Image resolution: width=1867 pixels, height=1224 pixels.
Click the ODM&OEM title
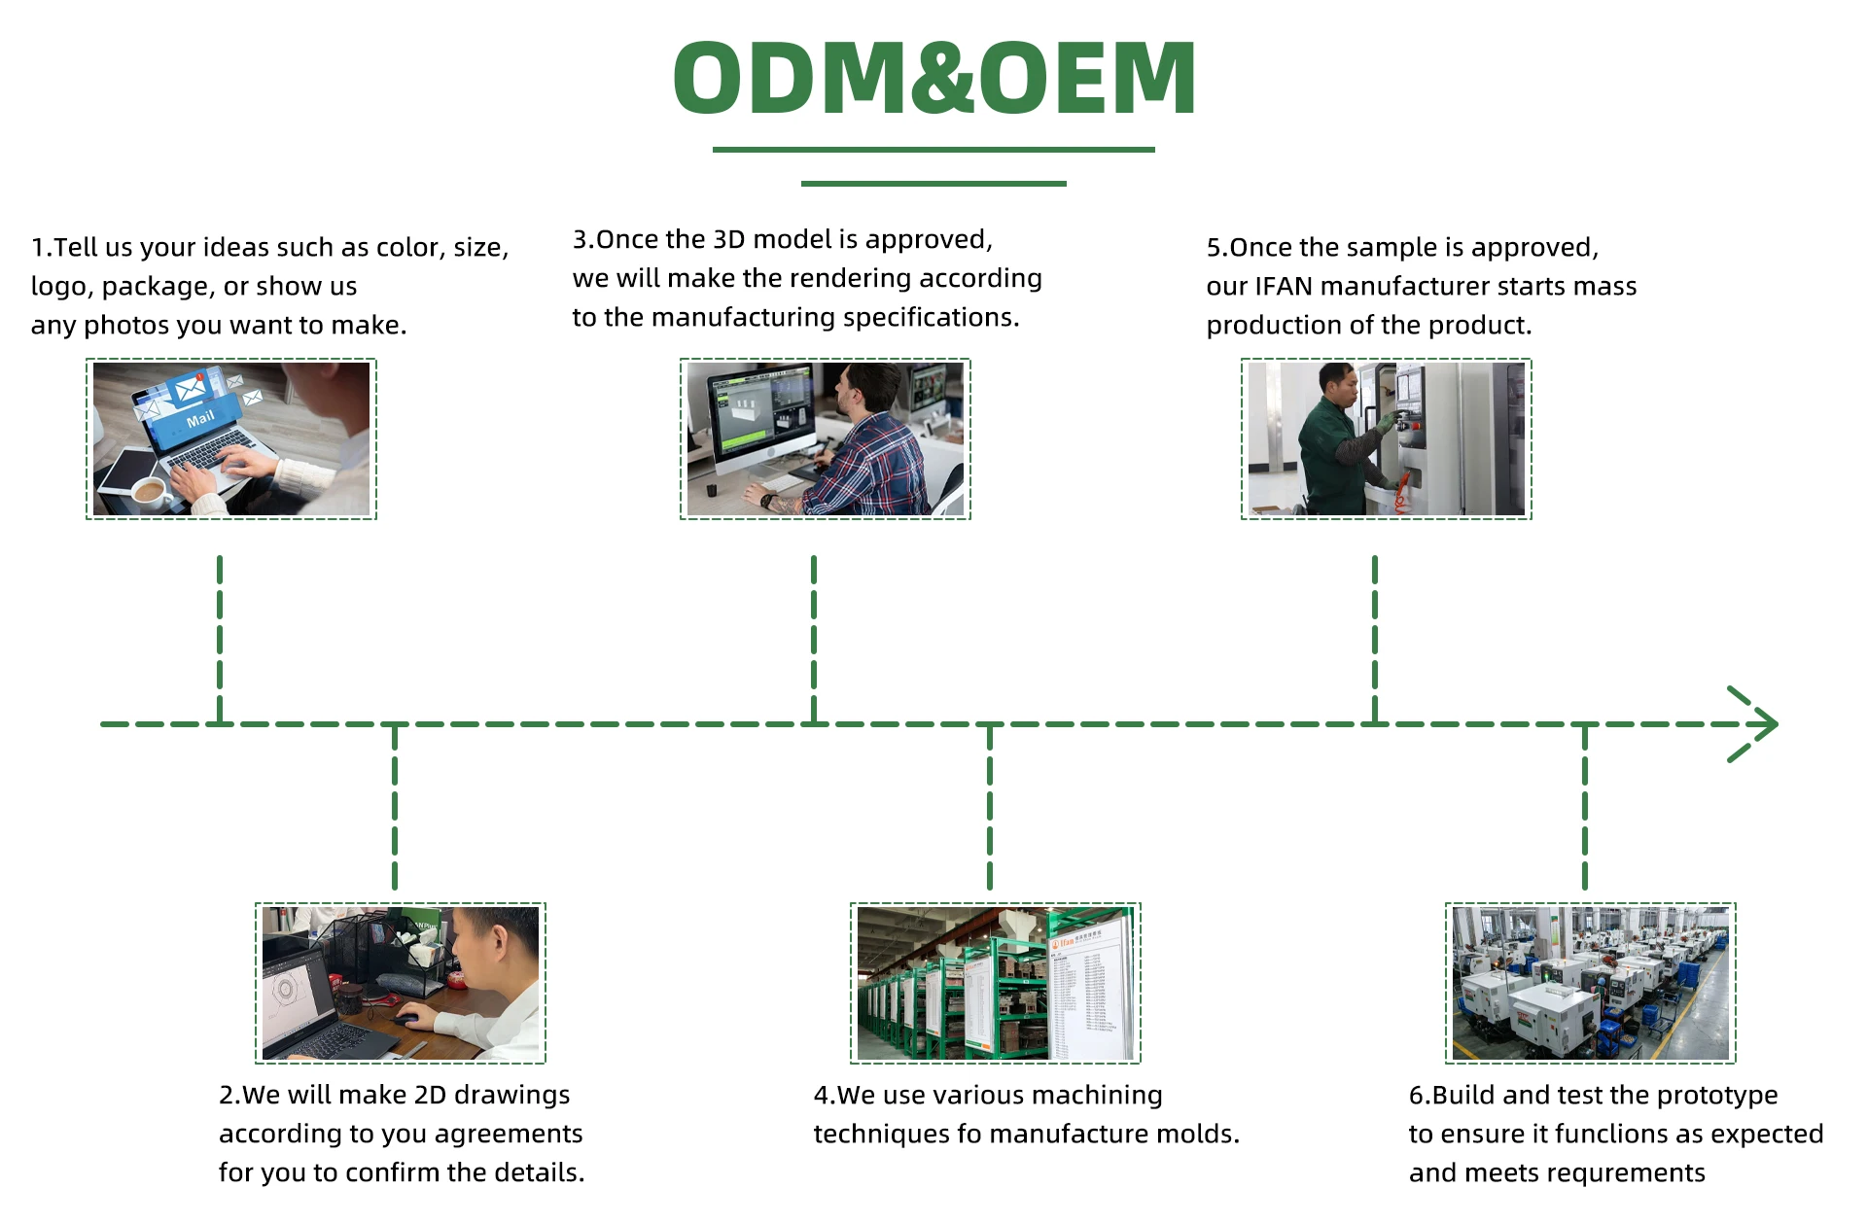[x=933, y=78]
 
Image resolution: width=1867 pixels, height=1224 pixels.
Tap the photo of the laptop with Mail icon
[x=231, y=438]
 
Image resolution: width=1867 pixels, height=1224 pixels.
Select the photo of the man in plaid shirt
[x=825, y=438]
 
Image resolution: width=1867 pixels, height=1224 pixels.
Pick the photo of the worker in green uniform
[x=1386, y=438]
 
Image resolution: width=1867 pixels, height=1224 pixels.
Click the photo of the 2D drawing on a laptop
[x=401, y=983]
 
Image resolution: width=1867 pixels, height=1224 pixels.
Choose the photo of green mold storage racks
[x=996, y=983]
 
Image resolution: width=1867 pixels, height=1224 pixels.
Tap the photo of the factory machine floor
[x=1591, y=983]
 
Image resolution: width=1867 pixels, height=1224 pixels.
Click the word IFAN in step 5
[x=1284, y=287]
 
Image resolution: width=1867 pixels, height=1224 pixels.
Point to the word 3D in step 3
[x=728, y=239]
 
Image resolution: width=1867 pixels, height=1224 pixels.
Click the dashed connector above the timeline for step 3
[x=814, y=639]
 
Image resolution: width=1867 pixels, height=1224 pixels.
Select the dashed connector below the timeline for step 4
[x=990, y=807]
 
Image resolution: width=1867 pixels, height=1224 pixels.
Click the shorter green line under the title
[x=933, y=183]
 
